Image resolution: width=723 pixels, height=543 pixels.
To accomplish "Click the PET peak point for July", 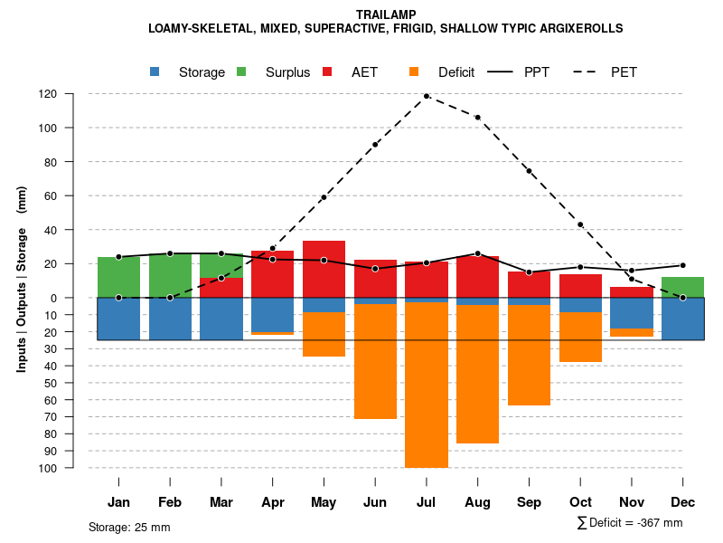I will [x=427, y=96].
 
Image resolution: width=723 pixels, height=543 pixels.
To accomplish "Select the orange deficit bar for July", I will [x=427, y=385].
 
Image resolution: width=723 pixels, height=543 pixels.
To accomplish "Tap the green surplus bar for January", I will [x=118, y=277].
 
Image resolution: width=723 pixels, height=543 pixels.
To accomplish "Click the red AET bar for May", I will [x=324, y=269].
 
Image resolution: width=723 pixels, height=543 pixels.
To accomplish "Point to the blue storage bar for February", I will [x=170, y=319].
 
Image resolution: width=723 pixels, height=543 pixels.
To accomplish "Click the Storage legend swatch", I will [x=156, y=71].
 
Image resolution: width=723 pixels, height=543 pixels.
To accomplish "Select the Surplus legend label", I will [x=287, y=72].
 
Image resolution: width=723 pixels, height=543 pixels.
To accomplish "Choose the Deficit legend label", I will [x=455, y=72].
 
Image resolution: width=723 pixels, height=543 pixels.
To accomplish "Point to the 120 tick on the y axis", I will [x=48, y=94].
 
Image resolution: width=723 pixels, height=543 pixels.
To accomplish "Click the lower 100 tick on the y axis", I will [x=48, y=468].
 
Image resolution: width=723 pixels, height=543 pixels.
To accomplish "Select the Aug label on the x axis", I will [x=477, y=502].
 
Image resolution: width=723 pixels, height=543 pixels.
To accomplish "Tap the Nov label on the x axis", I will [x=632, y=502].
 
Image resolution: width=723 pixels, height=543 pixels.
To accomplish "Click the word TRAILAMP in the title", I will [x=386, y=15].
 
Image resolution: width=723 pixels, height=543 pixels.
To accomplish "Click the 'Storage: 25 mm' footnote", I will [x=129, y=527].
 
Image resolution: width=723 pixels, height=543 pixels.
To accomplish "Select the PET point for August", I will [x=477, y=117].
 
